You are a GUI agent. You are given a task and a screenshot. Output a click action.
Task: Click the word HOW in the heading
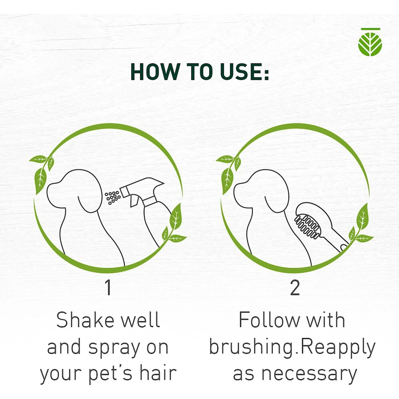[155, 72]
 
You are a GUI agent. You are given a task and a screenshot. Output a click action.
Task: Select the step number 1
[108, 287]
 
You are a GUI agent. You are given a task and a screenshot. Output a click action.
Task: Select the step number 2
[295, 287]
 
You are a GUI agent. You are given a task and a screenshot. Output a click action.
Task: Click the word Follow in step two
[269, 320]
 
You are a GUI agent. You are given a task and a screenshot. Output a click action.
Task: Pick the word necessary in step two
[309, 374]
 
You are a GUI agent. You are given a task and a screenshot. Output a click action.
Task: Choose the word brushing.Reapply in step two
[292, 348]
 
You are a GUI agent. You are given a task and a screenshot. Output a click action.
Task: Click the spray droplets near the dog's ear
[113, 197]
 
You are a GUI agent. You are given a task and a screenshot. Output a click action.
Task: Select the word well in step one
[140, 320]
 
